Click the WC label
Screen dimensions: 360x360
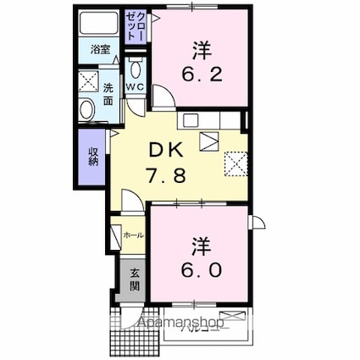coord(136,87)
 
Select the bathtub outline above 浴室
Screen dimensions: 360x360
coord(101,24)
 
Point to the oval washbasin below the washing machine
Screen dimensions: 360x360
coord(87,110)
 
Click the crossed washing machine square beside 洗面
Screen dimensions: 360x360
coord(88,83)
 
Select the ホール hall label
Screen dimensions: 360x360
coord(132,235)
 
